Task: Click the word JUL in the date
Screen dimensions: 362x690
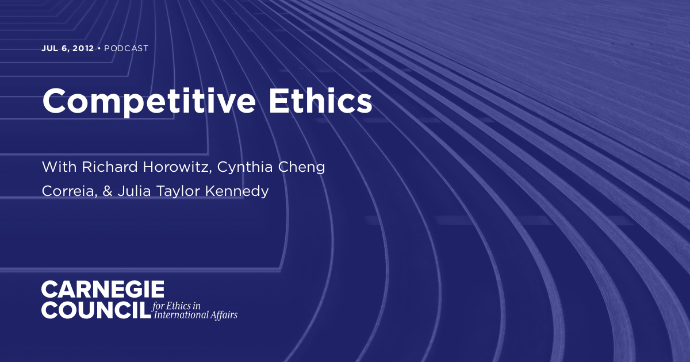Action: coord(49,48)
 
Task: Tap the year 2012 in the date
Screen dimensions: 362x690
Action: coord(83,48)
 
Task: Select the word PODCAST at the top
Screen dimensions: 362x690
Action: coord(126,48)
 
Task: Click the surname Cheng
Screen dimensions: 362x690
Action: coord(305,167)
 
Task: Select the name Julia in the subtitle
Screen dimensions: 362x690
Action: coord(129,191)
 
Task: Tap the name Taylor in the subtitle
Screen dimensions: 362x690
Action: coord(172,191)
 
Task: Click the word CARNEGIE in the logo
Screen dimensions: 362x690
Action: coord(103,289)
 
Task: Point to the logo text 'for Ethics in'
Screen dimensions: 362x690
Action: coord(177,305)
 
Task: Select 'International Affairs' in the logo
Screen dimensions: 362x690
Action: coord(194,315)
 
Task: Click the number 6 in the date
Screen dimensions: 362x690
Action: coord(66,48)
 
